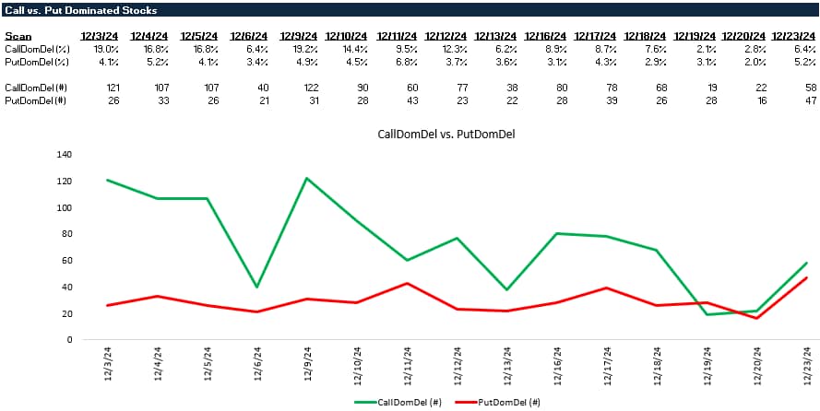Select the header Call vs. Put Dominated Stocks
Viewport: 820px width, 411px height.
[81, 10]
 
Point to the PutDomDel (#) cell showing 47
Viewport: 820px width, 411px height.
[800, 99]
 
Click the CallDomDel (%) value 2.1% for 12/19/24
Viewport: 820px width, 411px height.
[701, 48]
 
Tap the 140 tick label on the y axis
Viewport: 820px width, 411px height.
[65, 155]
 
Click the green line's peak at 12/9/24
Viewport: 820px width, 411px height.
[305, 178]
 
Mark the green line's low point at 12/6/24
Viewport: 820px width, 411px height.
[256, 287]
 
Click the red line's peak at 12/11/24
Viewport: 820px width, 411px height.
[407, 283]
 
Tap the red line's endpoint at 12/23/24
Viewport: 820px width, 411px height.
[806, 277]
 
